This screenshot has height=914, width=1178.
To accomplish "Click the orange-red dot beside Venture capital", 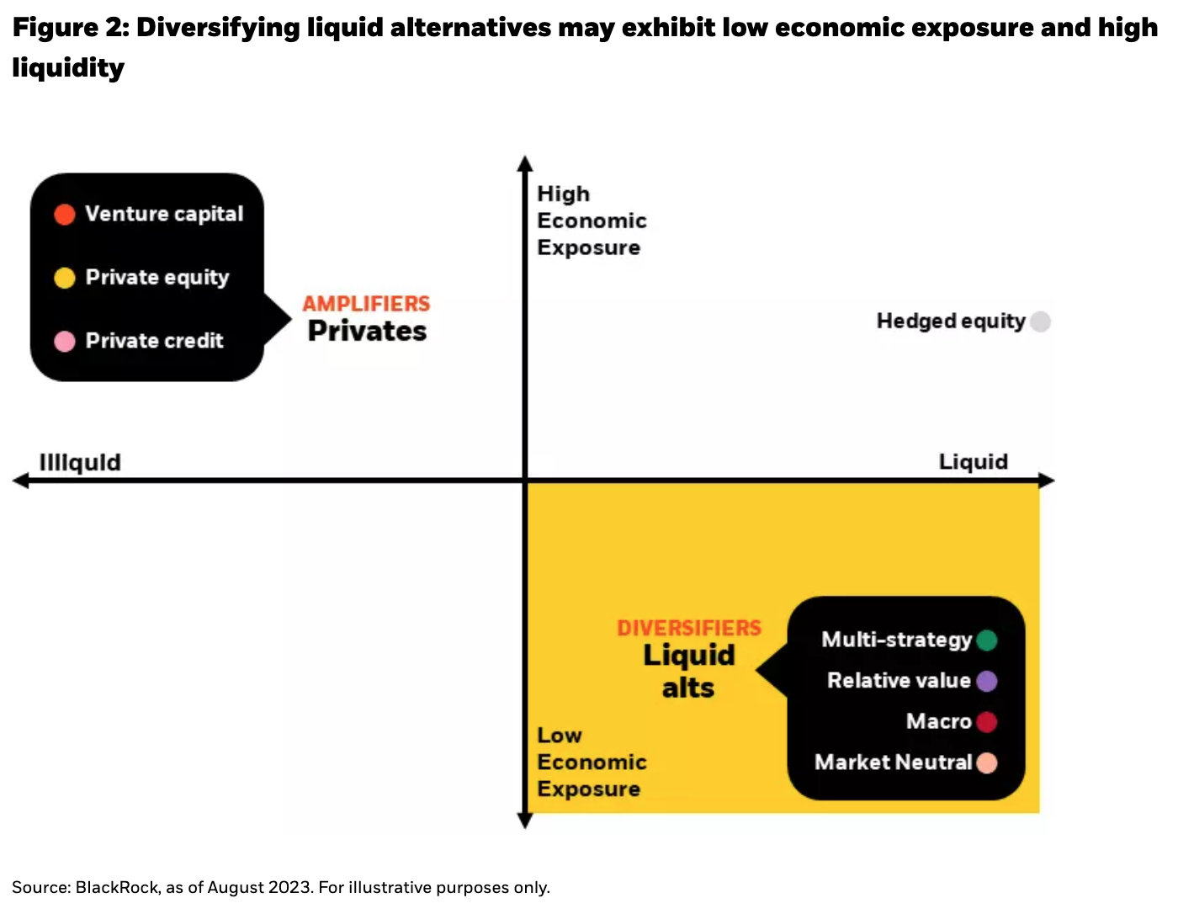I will [65, 215].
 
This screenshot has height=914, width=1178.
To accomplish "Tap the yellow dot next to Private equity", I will [65, 278].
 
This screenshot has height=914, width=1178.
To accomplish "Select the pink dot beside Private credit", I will [65, 341].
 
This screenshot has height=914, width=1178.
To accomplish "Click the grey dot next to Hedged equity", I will [1040, 321].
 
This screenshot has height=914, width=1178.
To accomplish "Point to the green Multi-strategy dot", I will [987, 640].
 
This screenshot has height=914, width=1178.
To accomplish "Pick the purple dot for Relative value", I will [987, 681].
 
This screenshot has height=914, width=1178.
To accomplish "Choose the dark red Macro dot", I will [987, 722].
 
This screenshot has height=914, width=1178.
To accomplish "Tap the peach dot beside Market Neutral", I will [987, 763].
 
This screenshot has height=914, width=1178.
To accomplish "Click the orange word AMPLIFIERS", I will [366, 304].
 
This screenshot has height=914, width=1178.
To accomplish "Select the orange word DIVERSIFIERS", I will [689, 629].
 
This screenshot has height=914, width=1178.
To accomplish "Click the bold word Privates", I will [367, 332].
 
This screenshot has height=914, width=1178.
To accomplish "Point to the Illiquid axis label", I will [80, 462].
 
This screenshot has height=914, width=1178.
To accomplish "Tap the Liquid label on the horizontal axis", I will [973, 461].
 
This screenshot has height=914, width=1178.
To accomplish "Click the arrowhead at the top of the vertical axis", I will [525, 162].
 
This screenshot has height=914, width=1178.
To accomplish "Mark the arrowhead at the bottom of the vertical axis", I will [525, 821].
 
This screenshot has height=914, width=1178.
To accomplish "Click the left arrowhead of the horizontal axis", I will [20, 481].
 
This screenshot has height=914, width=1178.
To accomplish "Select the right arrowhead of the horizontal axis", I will [1047, 481].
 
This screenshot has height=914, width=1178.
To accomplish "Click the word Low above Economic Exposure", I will [560, 736].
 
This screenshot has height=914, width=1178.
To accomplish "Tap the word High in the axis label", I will [563, 194].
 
